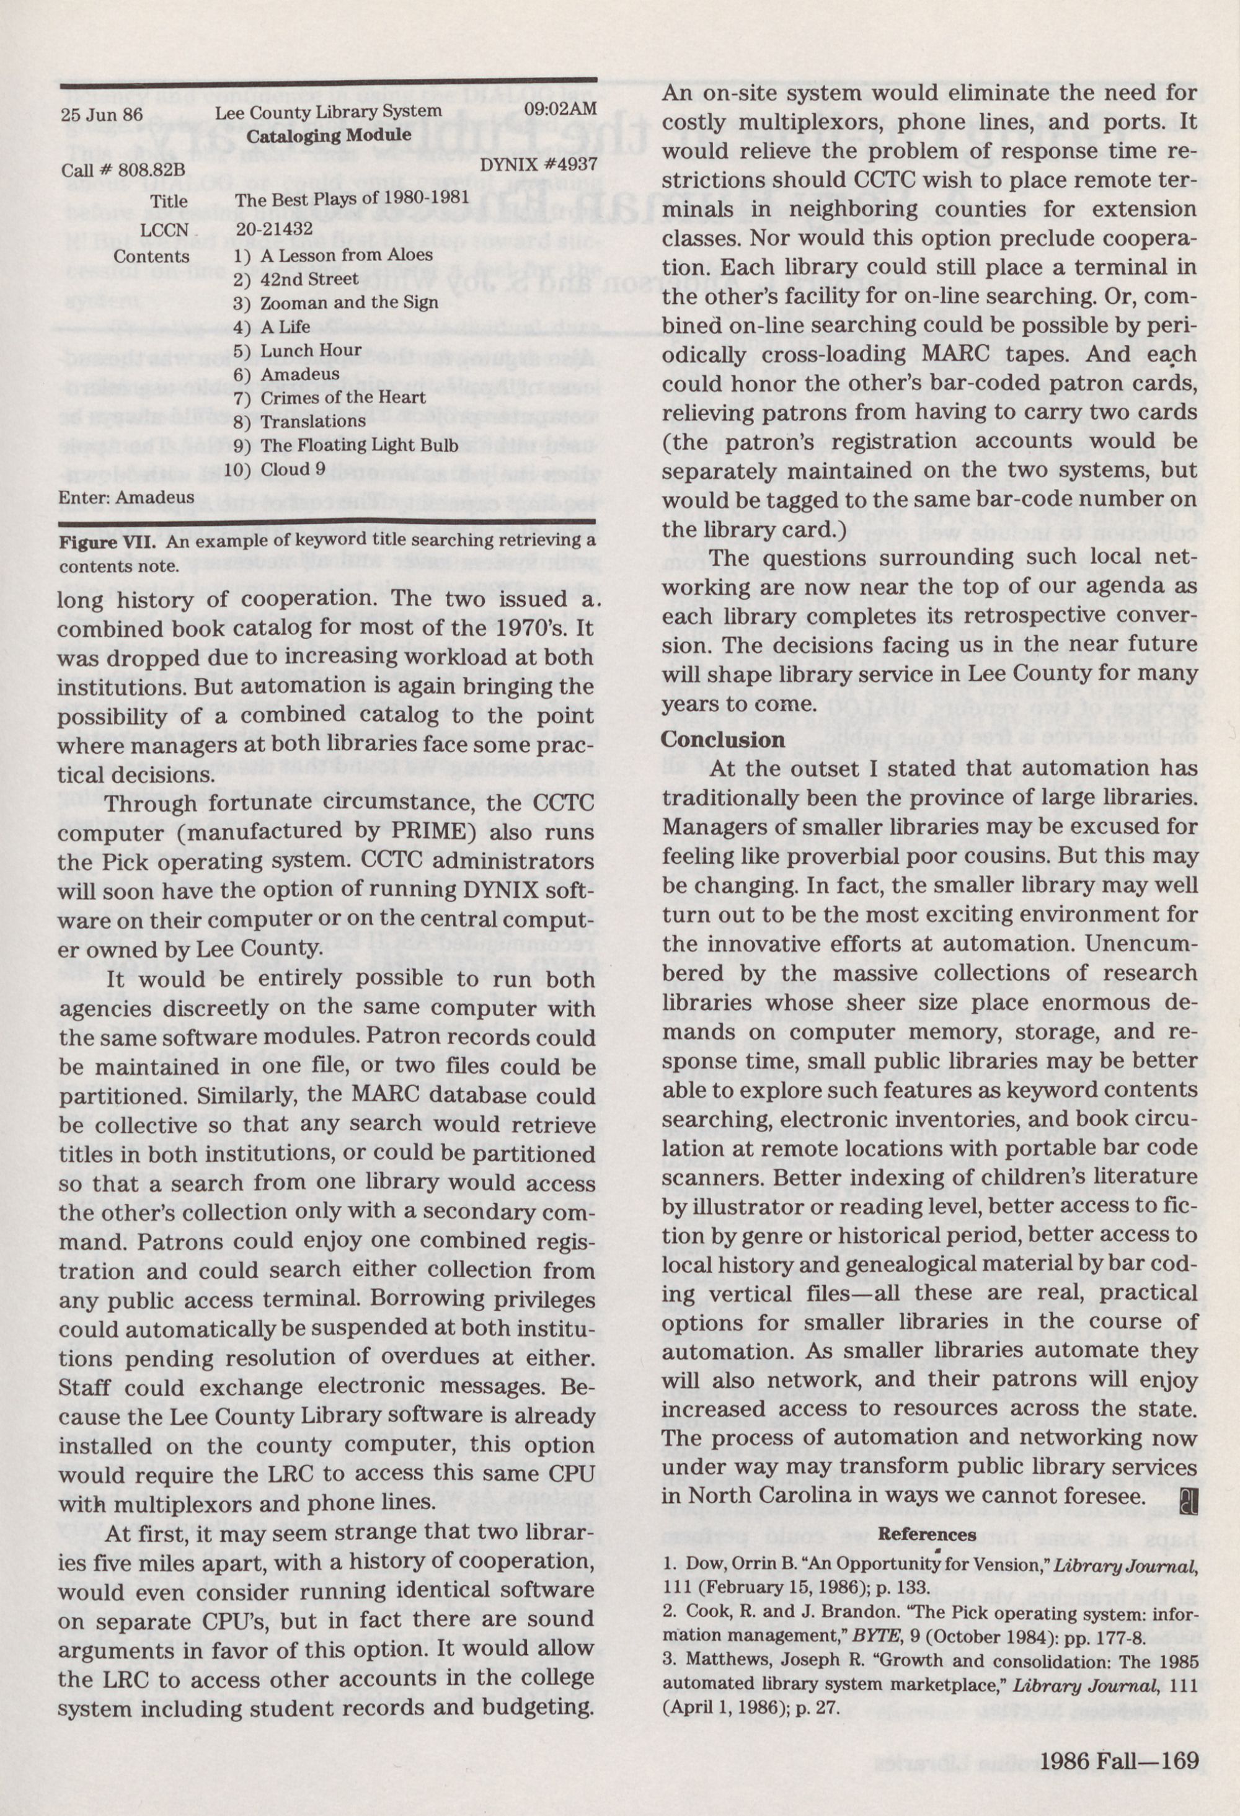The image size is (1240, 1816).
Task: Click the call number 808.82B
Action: (x=123, y=169)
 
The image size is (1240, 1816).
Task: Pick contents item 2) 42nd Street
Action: (x=296, y=279)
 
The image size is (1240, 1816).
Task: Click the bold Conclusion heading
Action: (x=723, y=739)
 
